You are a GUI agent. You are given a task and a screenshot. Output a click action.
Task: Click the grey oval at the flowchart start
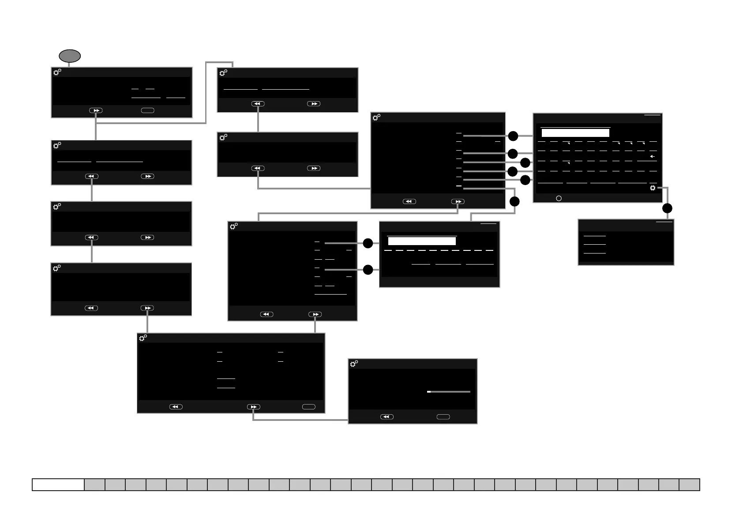click(x=70, y=56)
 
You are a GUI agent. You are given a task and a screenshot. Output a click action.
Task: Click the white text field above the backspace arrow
click(x=575, y=133)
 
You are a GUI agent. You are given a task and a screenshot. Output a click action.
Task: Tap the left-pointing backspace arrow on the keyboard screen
click(x=652, y=156)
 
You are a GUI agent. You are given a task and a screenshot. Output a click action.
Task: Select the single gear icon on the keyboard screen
click(x=653, y=188)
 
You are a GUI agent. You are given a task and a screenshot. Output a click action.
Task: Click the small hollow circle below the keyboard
click(x=559, y=198)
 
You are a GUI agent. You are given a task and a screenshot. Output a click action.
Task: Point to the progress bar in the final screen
click(x=449, y=392)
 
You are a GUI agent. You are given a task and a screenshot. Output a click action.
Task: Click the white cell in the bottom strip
click(x=58, y=484)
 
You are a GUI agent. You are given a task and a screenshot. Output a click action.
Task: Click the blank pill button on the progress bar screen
click(x=443, y=417)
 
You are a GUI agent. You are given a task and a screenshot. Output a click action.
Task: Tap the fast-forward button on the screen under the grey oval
click(x=96, y=110)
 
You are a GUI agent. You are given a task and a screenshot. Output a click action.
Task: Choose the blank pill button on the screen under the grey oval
click(x=147, y=110)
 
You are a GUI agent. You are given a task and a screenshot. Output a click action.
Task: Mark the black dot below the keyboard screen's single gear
click(x=667, y=208)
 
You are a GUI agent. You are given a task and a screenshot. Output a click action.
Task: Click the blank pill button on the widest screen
click(x=308, y=407)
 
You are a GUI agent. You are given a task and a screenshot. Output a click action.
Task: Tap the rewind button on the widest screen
click(x=176, y=407)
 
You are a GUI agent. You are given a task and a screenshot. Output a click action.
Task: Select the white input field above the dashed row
click(x=422, y=241)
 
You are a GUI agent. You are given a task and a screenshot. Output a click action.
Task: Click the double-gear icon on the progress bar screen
click(x=354, y=364)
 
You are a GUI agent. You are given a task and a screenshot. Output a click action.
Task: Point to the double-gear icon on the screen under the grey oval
click(x=57, y=72)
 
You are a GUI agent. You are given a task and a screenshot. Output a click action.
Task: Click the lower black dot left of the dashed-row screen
click(x=368, y=269)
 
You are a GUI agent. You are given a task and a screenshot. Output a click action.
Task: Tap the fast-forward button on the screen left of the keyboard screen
click(x=458, y=201)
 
